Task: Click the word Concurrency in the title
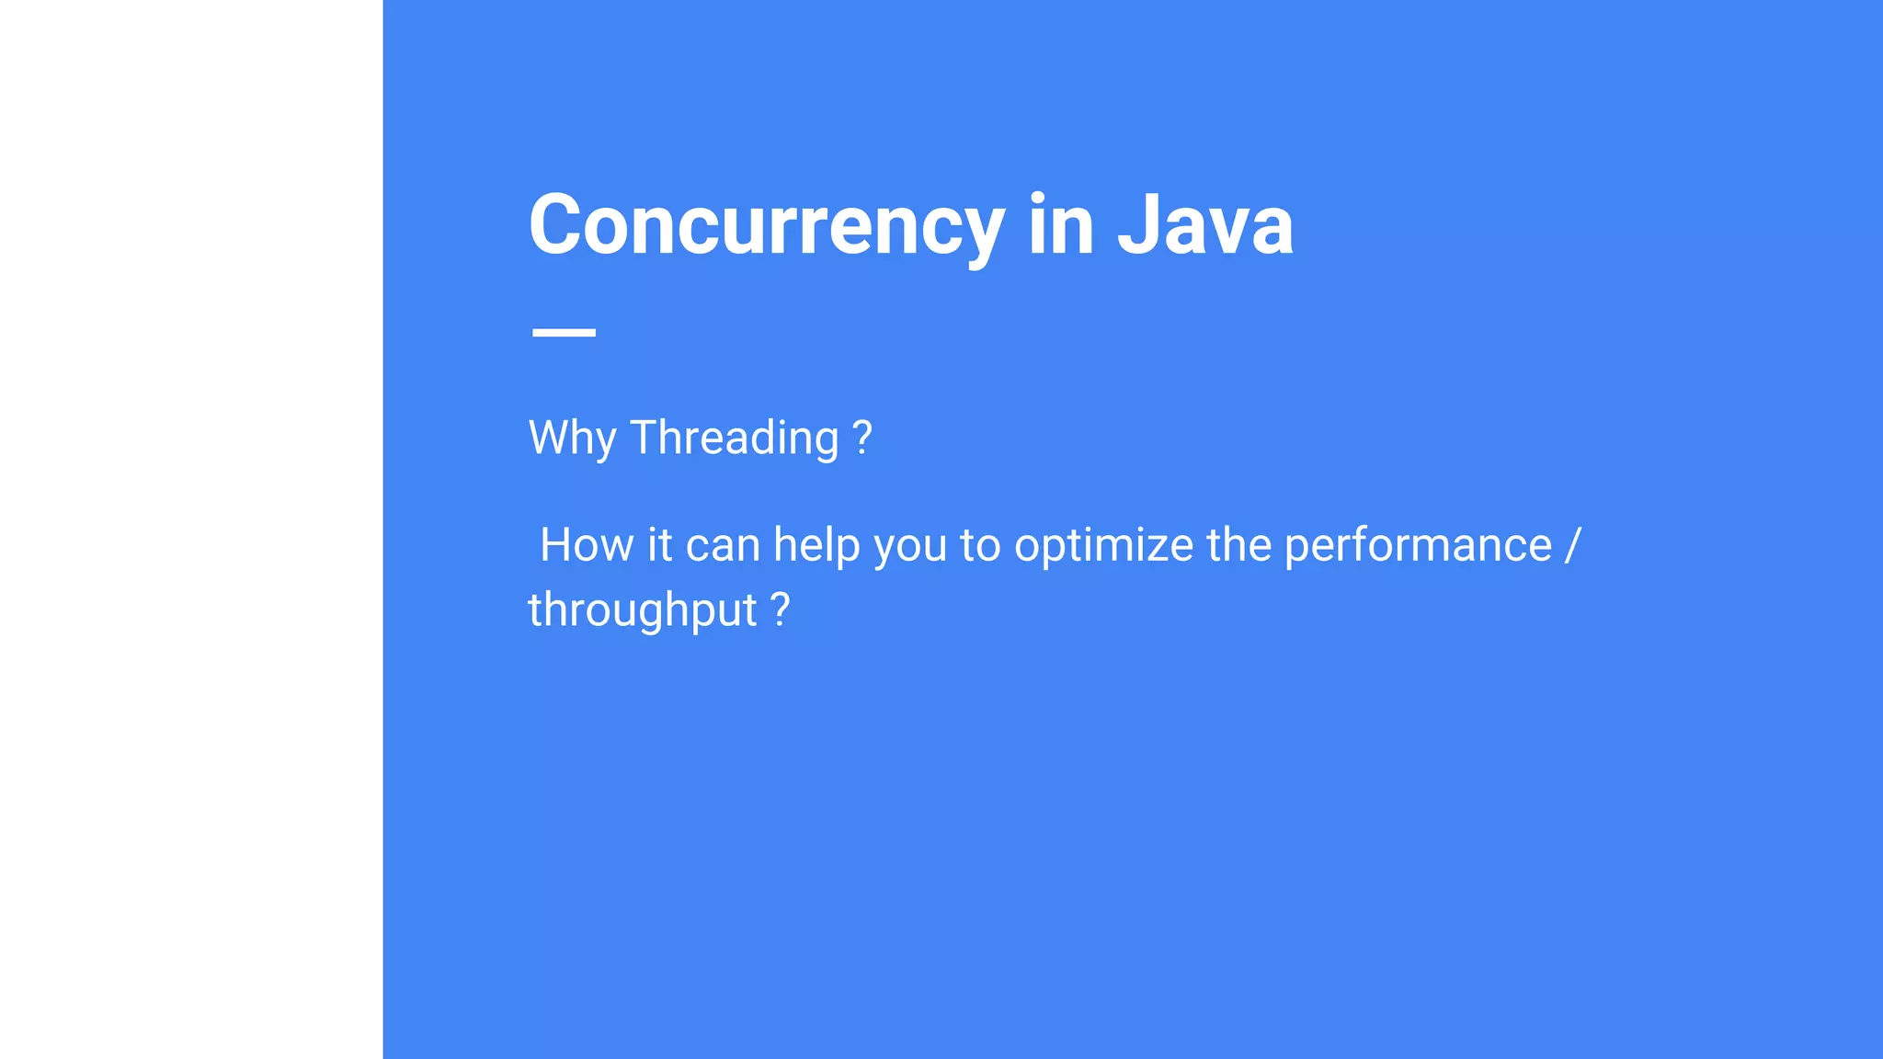tap(766, 225)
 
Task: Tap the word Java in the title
tap(1204, 225)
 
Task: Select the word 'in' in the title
tap(1060, 225)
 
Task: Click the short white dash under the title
tap(564, 332)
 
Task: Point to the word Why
tap(571, 438)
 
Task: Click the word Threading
tap(734, 438)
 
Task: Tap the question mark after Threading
tap(862, 438)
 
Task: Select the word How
tap(587, 545)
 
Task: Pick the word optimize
tap(1103, 545)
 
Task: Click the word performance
tap(1417, 545)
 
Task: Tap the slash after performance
tap(1571, 545)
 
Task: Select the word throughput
tap(642, 610)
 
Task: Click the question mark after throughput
tap(780, 610)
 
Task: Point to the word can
tap(722, 545)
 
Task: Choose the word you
tap(909, 545)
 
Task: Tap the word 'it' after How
tap(659, 545)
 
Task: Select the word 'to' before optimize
tap(979, 545)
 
